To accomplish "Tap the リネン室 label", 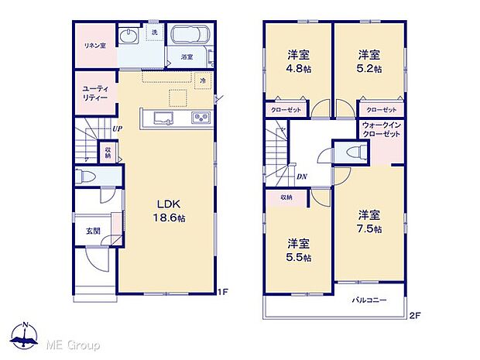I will coord(94,45).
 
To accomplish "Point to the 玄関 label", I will coord(91,228).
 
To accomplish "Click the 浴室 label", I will coord(187,57).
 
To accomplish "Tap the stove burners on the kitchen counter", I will coord(199,118).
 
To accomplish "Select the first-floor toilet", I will coord(86,177).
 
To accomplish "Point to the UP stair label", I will coord(117,129).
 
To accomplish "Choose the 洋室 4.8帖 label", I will coord(298,60).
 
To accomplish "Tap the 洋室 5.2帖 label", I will coord(369,60).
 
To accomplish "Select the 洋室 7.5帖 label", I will coord(369,221).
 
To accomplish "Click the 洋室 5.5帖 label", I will coord(298,247).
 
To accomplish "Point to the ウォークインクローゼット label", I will coord(381,130).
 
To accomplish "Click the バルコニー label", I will coord(369,298).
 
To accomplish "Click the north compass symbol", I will coord(26,335).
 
